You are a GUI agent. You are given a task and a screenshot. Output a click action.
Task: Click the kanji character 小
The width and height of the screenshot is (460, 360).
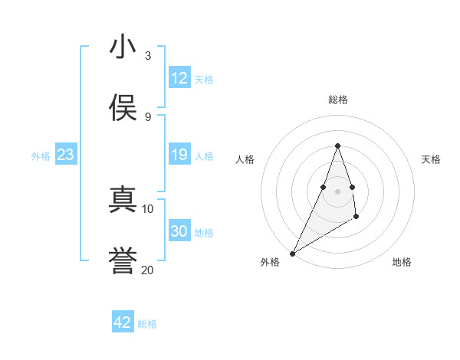tap(123, 47)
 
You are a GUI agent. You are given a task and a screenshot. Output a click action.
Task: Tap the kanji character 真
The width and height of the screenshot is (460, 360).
tap(123, 200)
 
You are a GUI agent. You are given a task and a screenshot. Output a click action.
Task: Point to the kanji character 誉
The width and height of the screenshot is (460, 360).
tap(123, 261)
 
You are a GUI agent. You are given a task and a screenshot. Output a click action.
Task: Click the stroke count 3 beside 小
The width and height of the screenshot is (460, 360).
tap(147, 56)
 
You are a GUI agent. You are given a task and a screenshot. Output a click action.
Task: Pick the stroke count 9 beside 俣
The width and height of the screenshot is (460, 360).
tap(147, 117)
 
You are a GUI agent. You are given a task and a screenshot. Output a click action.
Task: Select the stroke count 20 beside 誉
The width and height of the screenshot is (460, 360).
tap(147, 270)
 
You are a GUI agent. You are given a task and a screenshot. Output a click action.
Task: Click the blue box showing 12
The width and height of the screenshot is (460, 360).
tap(179, 78)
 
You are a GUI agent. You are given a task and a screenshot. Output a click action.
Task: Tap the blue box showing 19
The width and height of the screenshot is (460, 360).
tap(179, 155)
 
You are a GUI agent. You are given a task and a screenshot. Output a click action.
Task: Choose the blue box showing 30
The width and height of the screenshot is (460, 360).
tap(179, 231)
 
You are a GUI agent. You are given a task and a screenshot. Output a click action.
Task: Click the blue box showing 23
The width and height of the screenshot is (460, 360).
tap(65, 155)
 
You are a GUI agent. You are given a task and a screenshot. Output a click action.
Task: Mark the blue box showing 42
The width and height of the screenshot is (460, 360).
tap(123, 322)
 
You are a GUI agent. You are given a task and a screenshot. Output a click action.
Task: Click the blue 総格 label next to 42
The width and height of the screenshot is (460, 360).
tap(147, 324)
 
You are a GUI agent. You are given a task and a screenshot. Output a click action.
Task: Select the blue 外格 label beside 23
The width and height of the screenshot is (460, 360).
tap(41, 156)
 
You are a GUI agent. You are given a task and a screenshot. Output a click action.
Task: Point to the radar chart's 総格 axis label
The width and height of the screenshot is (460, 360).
tap(337, 100)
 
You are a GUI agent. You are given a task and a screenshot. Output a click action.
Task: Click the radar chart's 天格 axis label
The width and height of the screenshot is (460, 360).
tap(431, 159)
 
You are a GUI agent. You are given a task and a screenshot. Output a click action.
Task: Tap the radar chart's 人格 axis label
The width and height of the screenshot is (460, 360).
tap(245, 159)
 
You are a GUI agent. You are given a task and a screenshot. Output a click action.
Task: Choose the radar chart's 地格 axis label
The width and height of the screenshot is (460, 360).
tap(402, 262)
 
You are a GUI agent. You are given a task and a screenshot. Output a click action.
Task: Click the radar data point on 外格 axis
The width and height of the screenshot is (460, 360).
tap(292, 253)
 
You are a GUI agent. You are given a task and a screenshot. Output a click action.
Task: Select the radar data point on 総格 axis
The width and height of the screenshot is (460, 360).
tap(337, 146)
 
